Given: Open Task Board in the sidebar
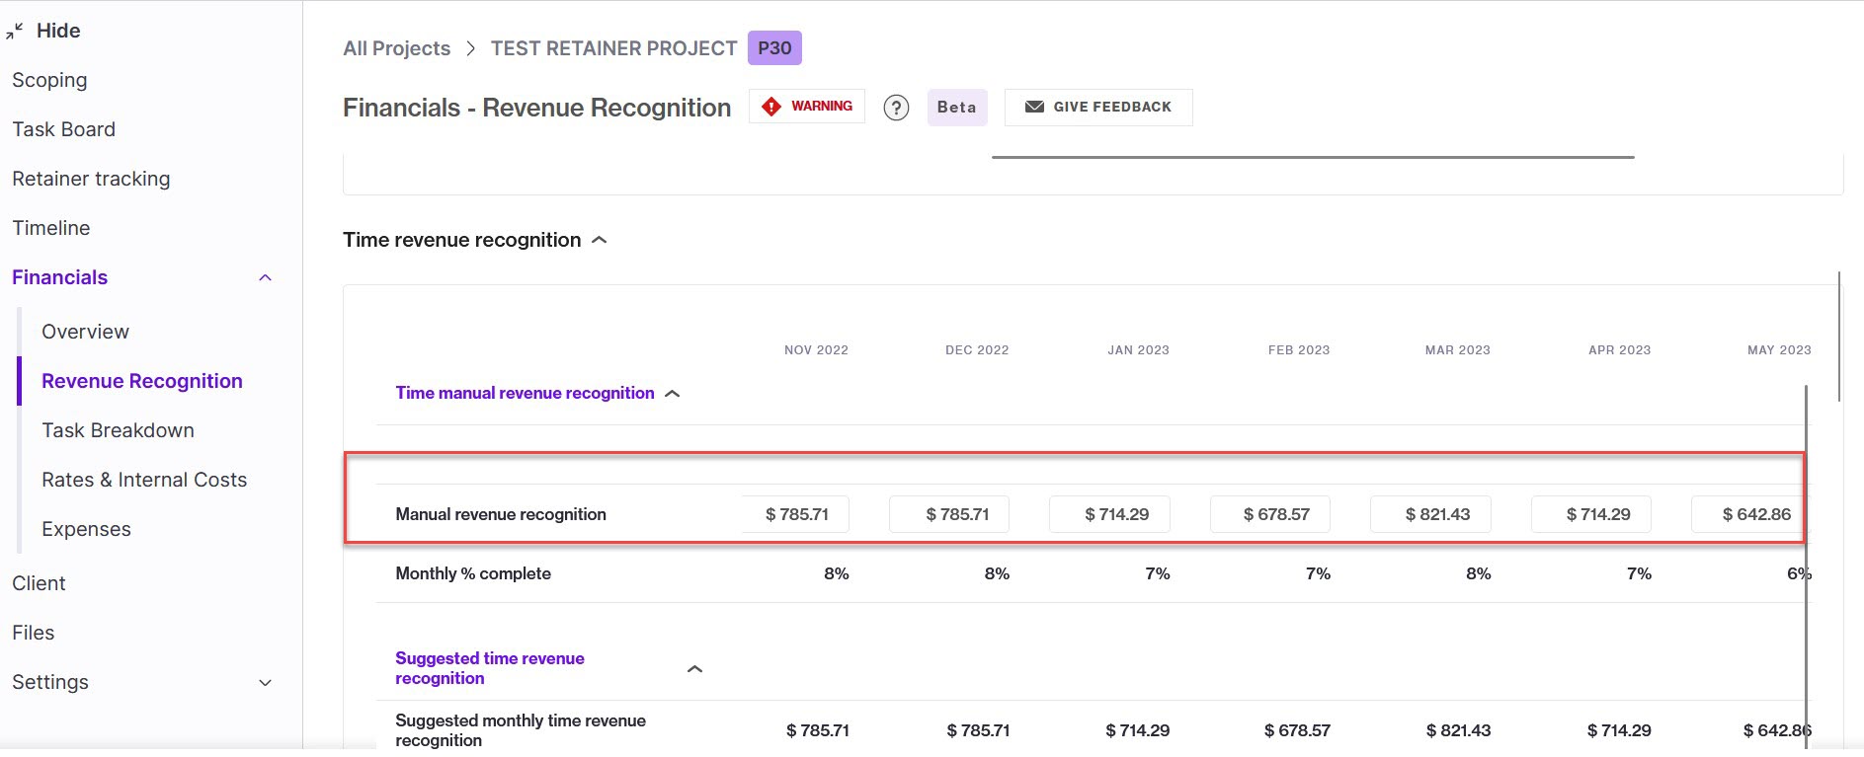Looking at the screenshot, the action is pos(63,129).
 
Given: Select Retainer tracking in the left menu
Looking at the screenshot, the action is pos(91,179).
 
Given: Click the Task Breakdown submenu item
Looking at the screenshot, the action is pos(118,430).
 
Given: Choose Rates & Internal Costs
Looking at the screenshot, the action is pos(144,480).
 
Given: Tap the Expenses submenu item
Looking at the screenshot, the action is pos(86,529).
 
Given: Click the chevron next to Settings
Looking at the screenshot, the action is pos(265,683).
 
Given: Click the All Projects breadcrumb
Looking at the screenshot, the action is pos(396,48).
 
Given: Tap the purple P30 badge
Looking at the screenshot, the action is pos(774,48).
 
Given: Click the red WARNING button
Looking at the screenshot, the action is pos(807,107).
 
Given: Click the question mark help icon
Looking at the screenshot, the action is pos(896,108).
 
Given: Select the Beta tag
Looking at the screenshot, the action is pos(956,107).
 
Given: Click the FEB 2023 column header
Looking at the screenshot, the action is pos(1299,350).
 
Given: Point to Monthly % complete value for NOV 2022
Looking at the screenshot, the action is pos(836,573).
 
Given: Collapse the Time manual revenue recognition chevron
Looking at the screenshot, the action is pos(673,394).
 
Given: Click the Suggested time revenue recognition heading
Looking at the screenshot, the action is pos(490,668).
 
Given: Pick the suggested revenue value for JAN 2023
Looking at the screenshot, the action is pos(1137,730).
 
